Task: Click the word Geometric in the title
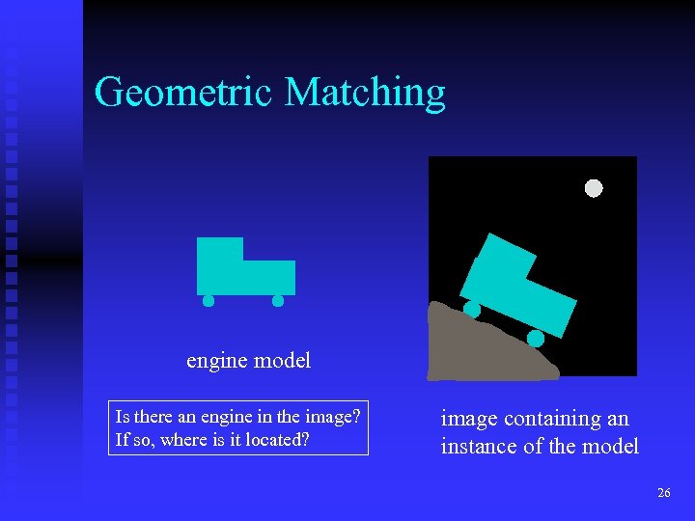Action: click(184, 93)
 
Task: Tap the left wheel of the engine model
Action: click(208, 301)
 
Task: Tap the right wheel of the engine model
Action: click(278, 301)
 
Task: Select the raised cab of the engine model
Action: click(220, 249)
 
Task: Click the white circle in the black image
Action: click(594, 188)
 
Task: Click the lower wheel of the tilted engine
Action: click(535, 339)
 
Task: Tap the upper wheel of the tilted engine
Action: click(472, 309)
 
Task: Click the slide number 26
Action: click(663, 493)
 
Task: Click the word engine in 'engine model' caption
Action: click(216, 362)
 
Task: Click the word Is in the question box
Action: click(123, 417)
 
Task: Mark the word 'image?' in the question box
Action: click(334, 417)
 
